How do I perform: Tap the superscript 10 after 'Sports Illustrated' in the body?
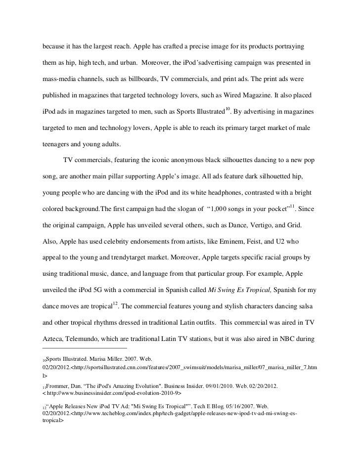pos(228,109)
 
